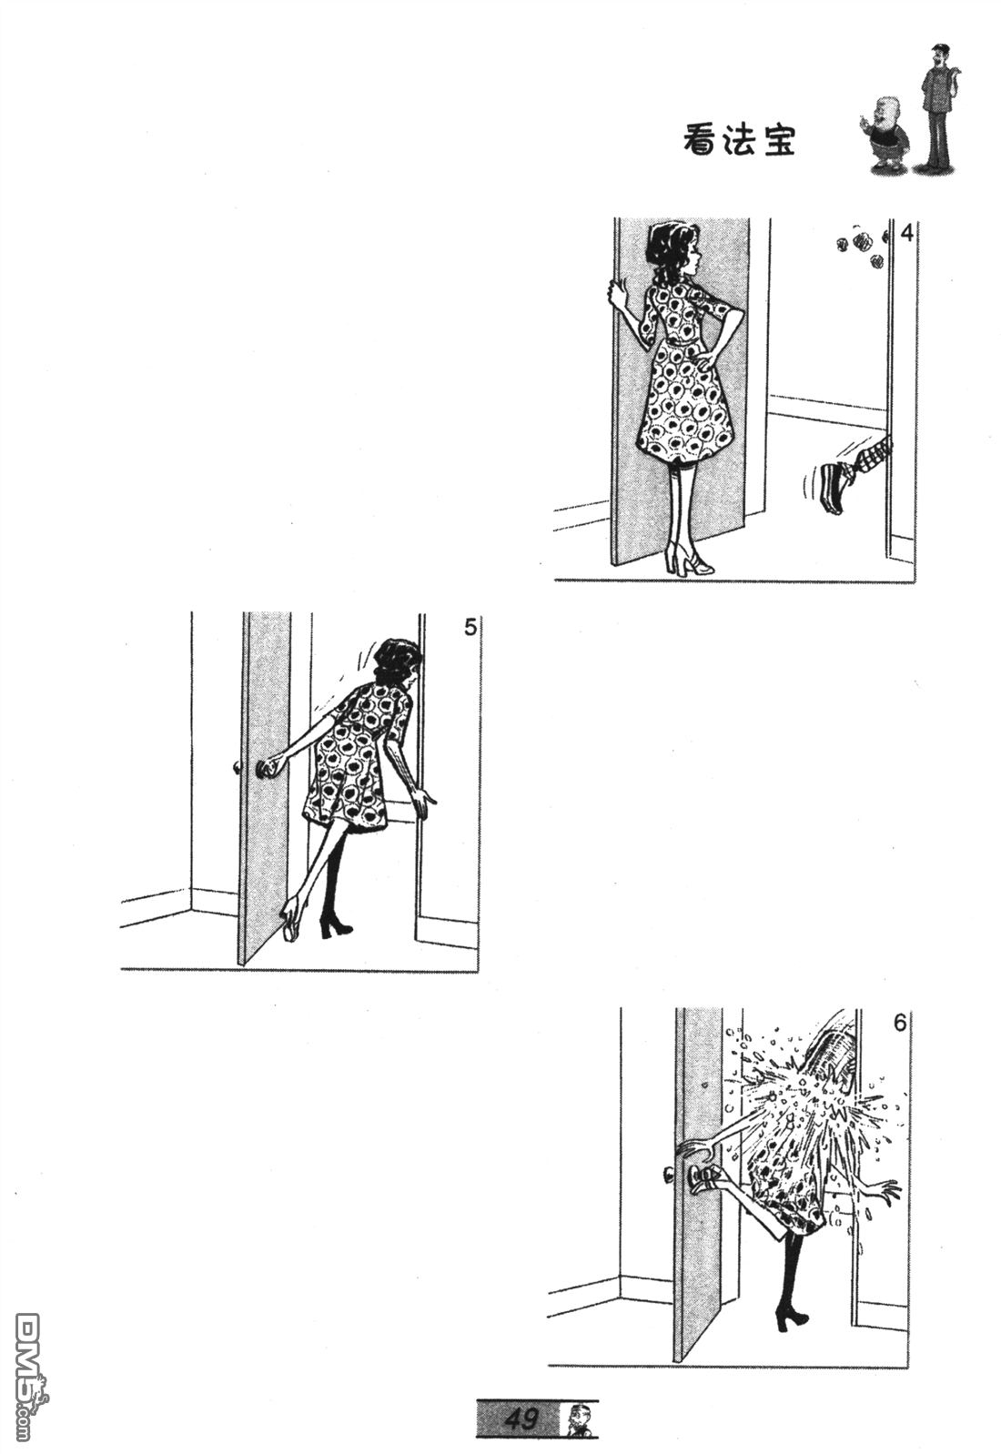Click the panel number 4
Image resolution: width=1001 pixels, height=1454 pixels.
point(906,232)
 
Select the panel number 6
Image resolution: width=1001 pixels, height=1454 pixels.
point(899,1023)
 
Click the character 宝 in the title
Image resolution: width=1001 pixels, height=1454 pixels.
point(779,139)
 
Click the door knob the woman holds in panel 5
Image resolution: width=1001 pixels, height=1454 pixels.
point(266,769)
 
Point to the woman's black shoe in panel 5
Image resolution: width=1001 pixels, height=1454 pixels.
point(335,928)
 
